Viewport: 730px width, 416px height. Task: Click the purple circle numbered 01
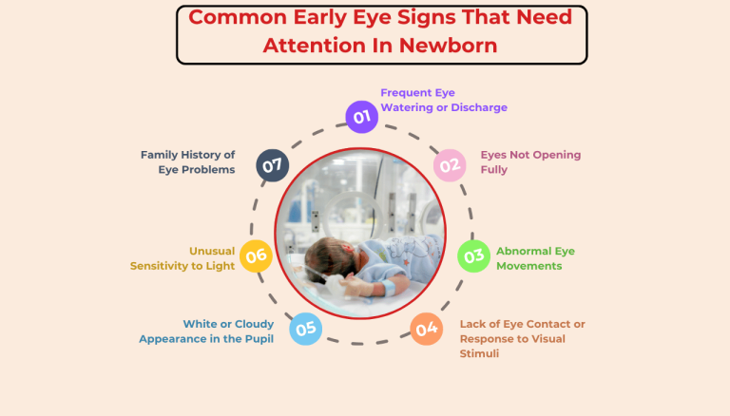click(x=360, y=117)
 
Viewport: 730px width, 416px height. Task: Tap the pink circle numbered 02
click(x=450, y=164)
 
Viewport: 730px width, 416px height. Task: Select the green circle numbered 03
click(x=473, y=255)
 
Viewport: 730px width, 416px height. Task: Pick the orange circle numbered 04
click(x=426, y=330)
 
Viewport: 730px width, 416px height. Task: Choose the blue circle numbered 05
click(x=304, y=330)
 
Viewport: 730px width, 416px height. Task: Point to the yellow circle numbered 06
click(x=256, y=255)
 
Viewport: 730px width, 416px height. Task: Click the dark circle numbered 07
click(x=273, y=164)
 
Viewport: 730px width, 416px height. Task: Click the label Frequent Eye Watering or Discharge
click(x=443, y=100)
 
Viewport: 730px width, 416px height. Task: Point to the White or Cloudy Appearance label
click(x=206, y=331)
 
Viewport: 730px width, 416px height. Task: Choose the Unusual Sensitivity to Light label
click(x=182, y=258)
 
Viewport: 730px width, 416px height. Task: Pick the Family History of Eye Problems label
click(x=187, y=161)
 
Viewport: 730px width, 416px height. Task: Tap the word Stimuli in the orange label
click(x=480, y=353)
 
